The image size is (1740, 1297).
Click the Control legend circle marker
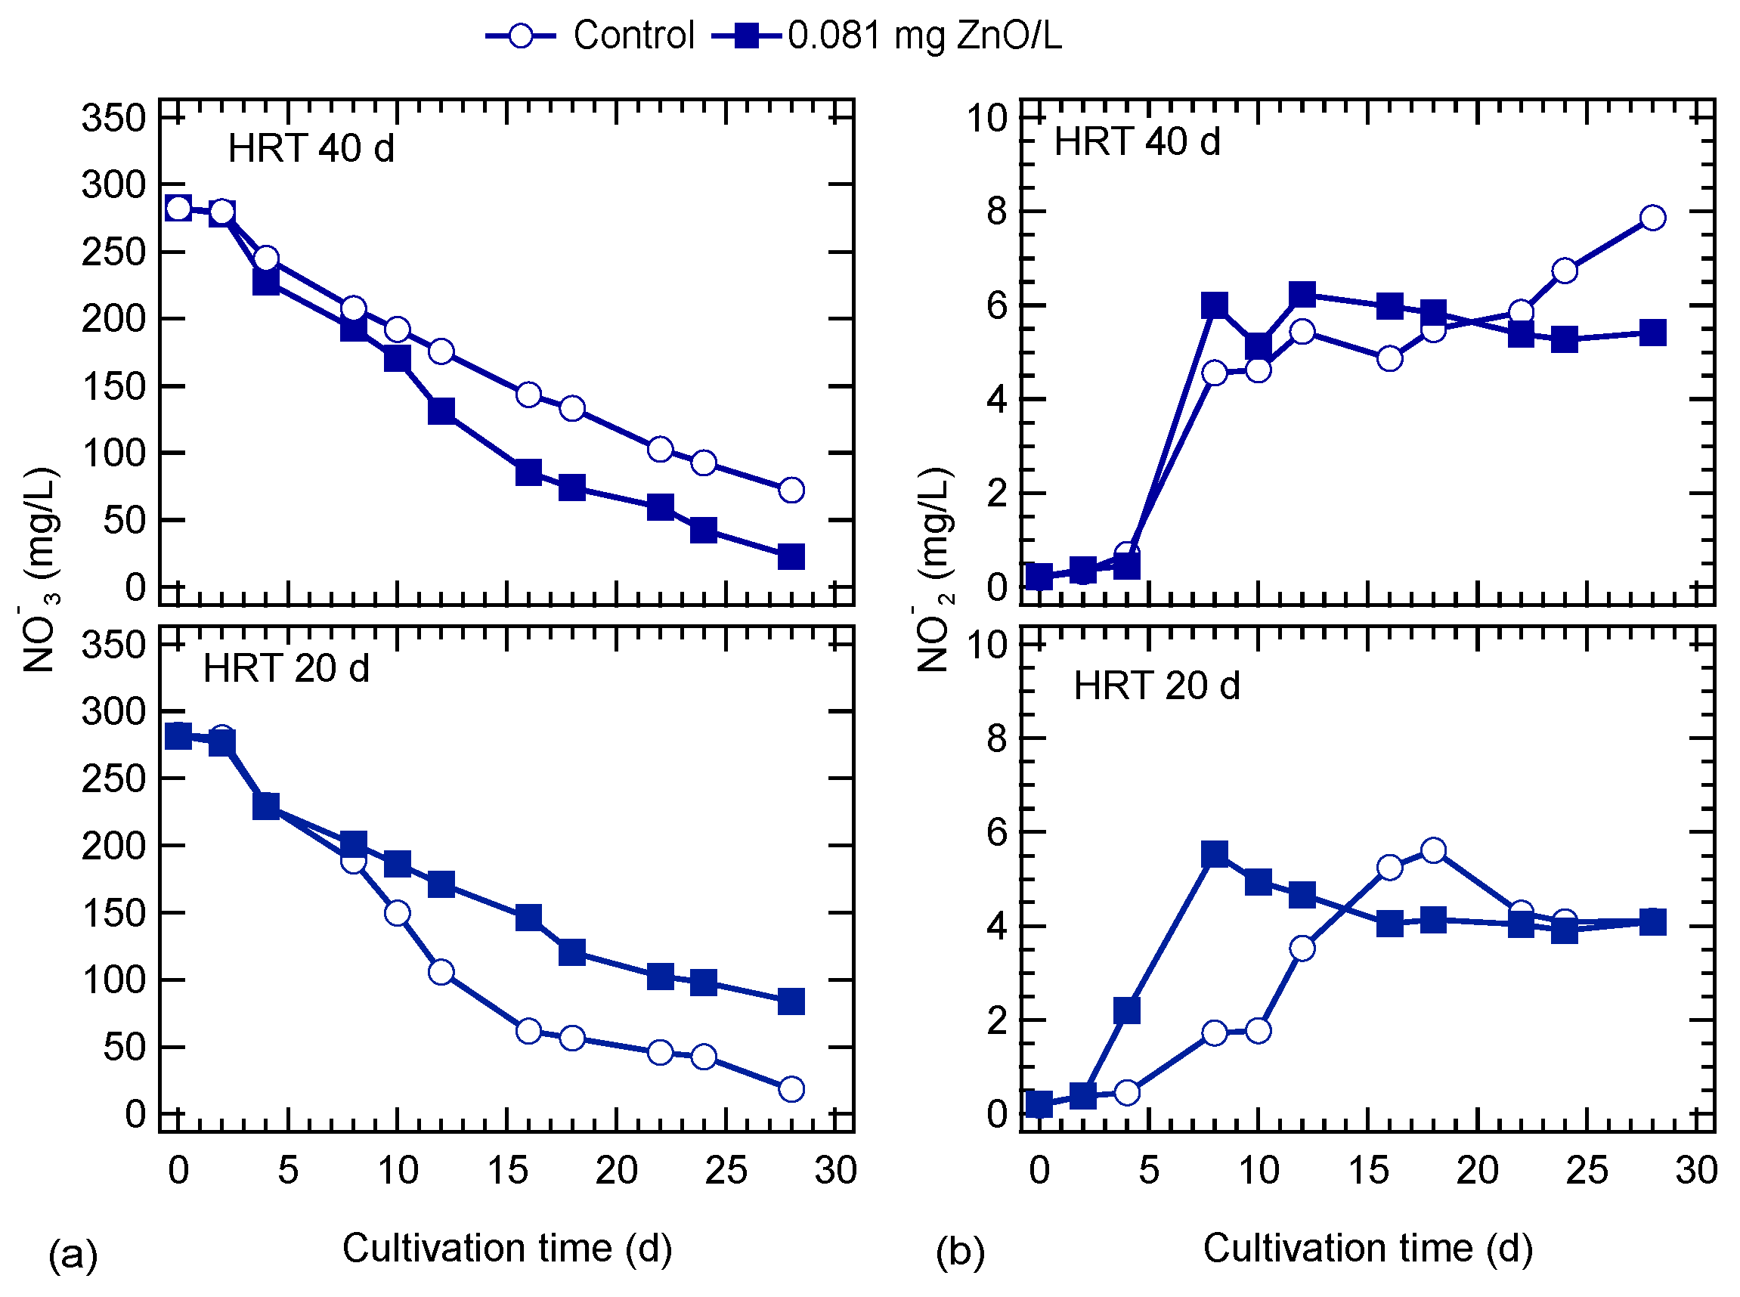point(520,36)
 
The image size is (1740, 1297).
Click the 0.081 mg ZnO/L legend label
point(924,36)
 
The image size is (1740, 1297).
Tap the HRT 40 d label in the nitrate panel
point(311,148)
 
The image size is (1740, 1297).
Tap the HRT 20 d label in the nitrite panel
point(1156,686)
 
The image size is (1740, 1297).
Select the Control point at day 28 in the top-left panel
point(791,490)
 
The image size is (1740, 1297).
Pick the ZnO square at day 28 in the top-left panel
point(791,556)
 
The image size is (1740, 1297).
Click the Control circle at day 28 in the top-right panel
point(1653,218)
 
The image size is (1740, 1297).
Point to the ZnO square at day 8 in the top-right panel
point(1215,305)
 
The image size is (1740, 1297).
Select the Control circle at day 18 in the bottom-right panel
point(1434,850)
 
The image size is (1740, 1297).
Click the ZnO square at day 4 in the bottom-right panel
point(1127,1011)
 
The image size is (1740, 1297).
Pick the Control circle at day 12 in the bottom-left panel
point(441,972)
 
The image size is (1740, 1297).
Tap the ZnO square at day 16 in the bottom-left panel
point(528,917)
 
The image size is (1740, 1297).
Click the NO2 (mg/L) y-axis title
point(934,569)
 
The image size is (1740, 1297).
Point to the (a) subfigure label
point(73,1254)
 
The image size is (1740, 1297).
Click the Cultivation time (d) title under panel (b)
point(1367,1248)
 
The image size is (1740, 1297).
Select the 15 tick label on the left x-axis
point(506,1171)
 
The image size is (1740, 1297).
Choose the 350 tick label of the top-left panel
point(114,119)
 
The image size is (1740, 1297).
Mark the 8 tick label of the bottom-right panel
point(996,738)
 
